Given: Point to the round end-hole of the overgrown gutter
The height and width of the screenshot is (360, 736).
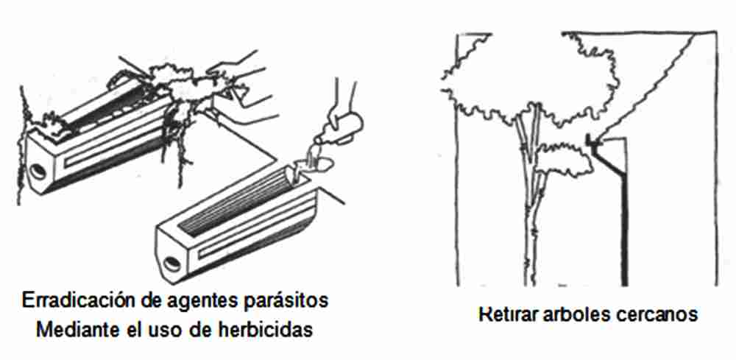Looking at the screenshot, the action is tap(37, 172).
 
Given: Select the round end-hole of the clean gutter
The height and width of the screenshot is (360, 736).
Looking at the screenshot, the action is tap(171, 265).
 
